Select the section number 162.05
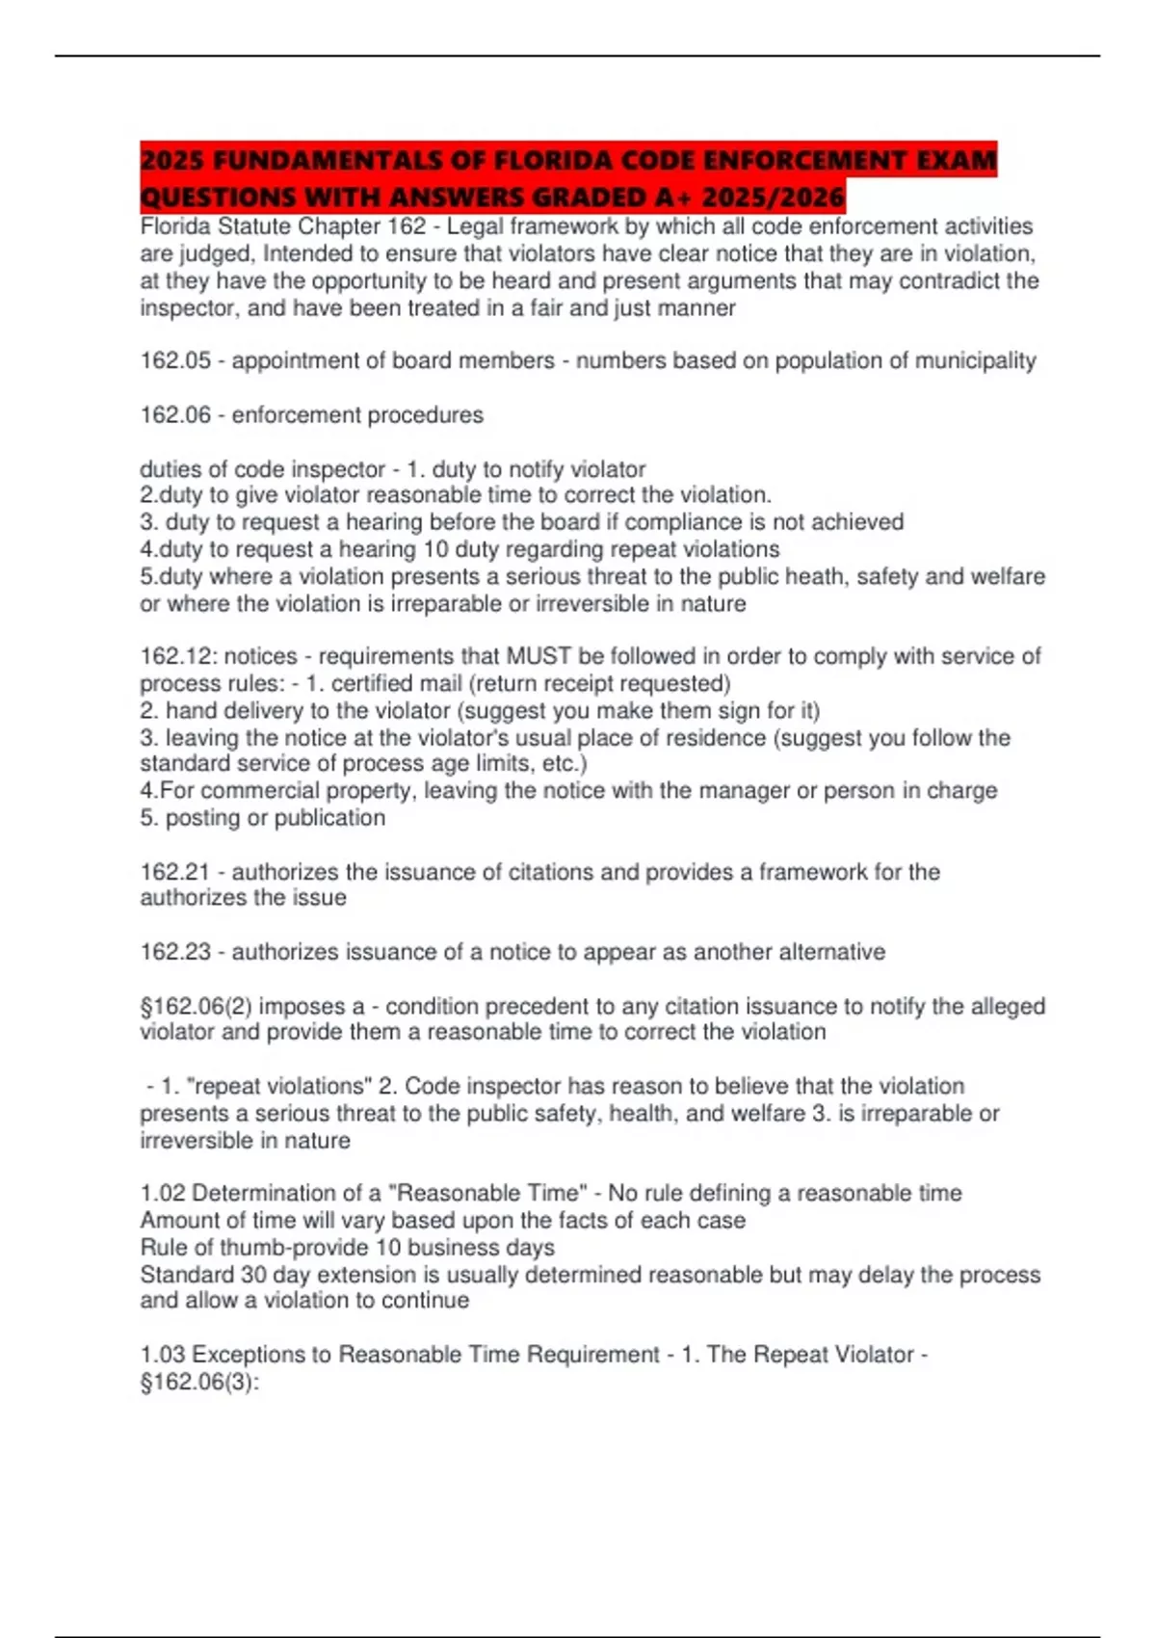pos(174,360)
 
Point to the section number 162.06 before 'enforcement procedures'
pos(174,415)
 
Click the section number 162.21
pos(174,872)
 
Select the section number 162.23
pos(174,952)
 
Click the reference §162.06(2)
pos(196,1006)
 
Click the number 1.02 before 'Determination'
pos(163,1193)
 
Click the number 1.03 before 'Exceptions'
pos(163,1355)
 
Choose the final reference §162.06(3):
pos(199,1382)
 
